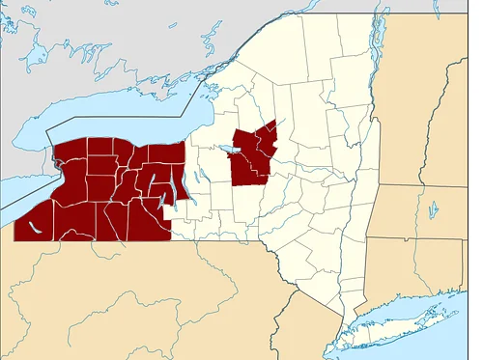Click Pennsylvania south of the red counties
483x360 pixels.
pyautogui.click(x=145, y=290)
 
